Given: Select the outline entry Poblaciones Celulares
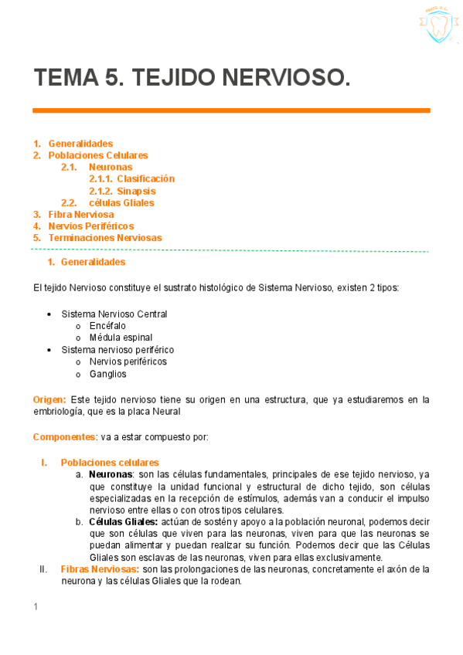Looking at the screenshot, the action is point(98,155).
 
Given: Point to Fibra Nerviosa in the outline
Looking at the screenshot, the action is point(81,215).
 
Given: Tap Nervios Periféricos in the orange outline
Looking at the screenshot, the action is point(91,226).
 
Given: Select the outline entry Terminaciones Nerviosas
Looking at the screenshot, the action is point(105,238).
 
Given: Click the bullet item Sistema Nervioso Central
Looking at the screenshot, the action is point(114,314).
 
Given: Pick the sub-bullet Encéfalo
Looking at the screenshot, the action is point(107,326).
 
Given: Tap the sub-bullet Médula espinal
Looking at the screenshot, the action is point(121,338).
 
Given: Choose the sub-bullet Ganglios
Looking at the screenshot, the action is point(107,374).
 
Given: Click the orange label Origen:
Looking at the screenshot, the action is point(49,399).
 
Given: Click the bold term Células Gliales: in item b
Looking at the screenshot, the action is point(124,522).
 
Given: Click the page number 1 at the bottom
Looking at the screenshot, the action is point(36,607).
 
